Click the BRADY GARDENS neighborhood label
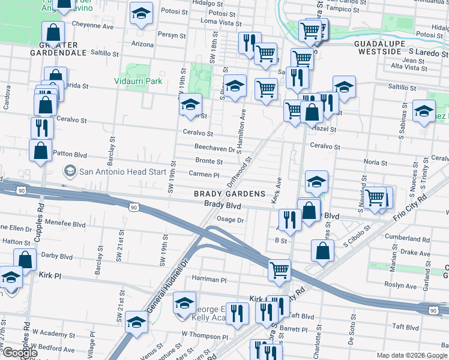click(x=229, y=194)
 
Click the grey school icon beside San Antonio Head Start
click(x=71, y=172)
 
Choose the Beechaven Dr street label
click(x=213, y=147)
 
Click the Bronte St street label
click(x=209, y=161)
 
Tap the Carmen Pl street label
click(x=204, y=175)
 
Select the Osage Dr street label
click(x=230, y=220)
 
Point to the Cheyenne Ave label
click(x=92, y=26)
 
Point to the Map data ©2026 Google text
click(x=411, y=355)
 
